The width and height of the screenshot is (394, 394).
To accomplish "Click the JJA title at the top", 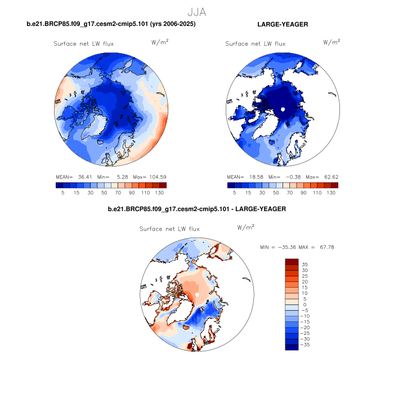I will tap(196, 12).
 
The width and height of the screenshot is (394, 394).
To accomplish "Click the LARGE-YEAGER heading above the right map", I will tap(283, 24).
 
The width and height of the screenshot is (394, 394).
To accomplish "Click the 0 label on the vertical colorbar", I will tap(305, 304).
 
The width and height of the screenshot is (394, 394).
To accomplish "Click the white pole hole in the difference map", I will tap(196, 295).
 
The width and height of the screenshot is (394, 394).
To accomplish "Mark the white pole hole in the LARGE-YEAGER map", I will tap(284, 109).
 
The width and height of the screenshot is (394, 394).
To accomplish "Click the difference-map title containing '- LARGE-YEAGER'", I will tap(196, 209).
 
